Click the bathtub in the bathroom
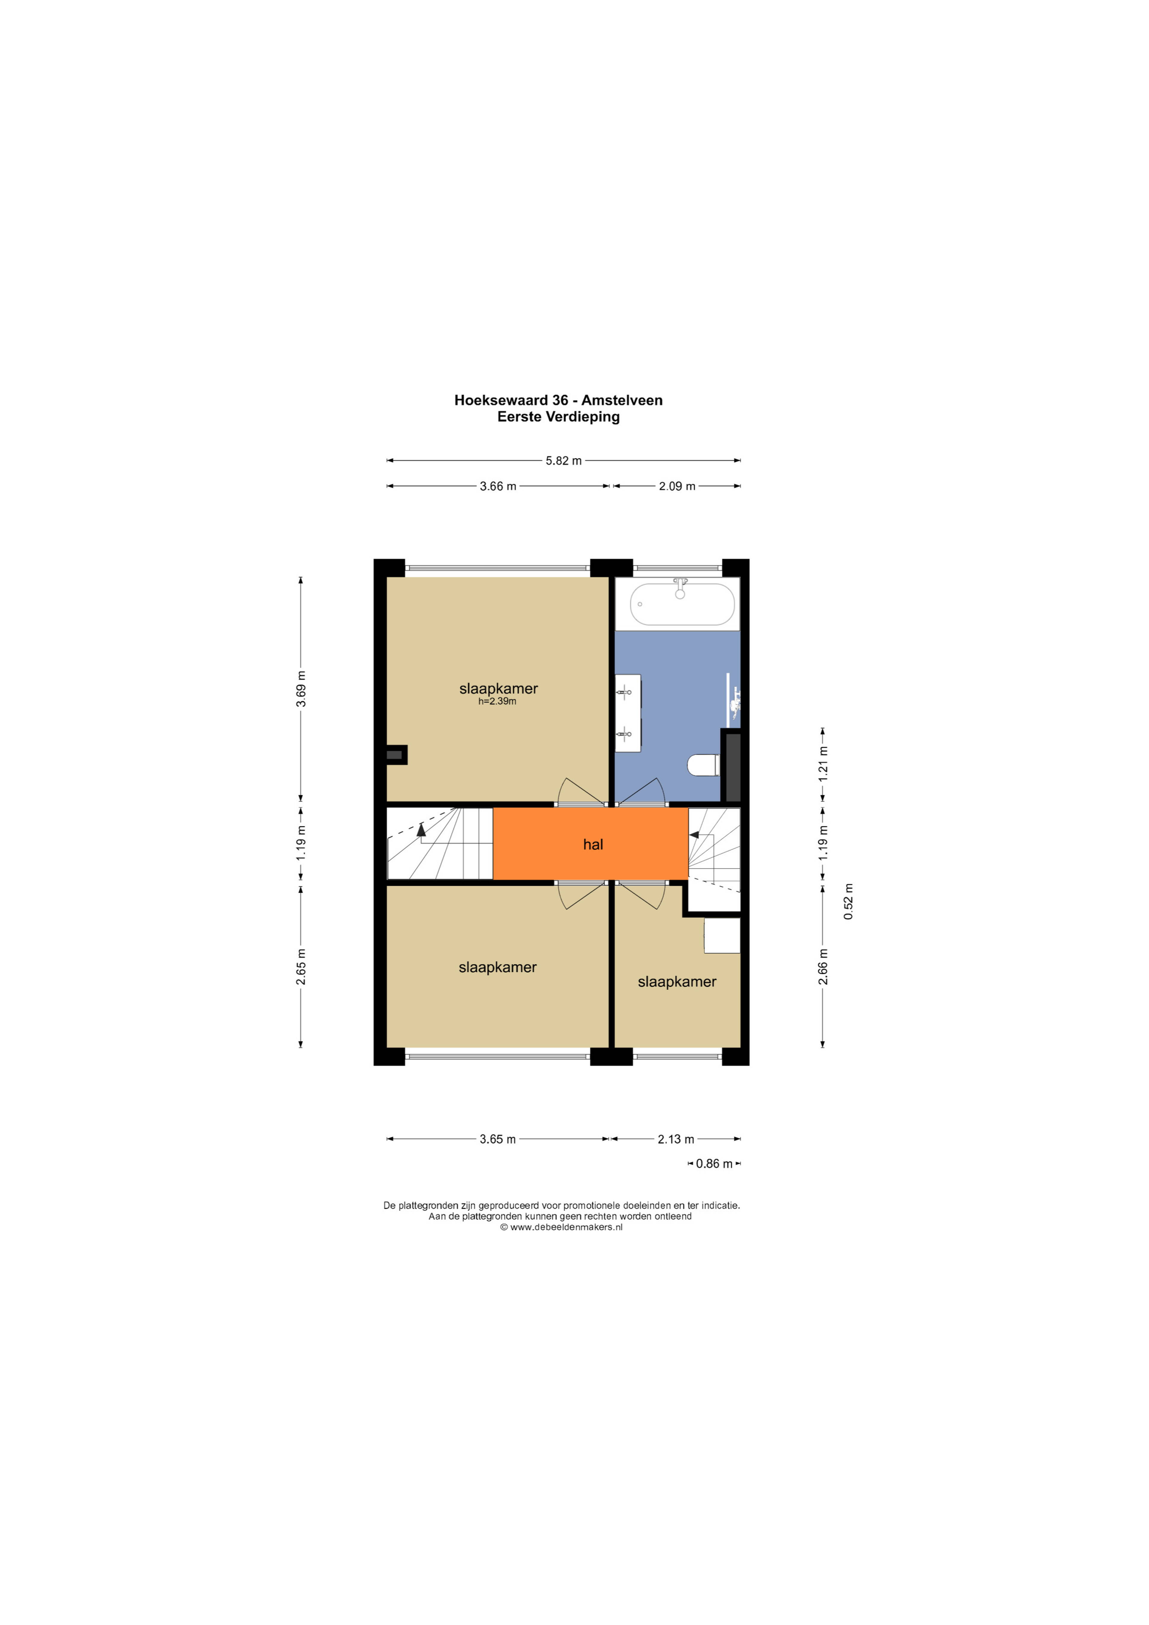coord(682,604)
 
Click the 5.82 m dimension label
coord(563,461)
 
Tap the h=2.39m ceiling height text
coord(497,701)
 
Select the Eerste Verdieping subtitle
coord(558,417)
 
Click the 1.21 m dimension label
coord(823,764)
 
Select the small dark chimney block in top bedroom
coord(396,754)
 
